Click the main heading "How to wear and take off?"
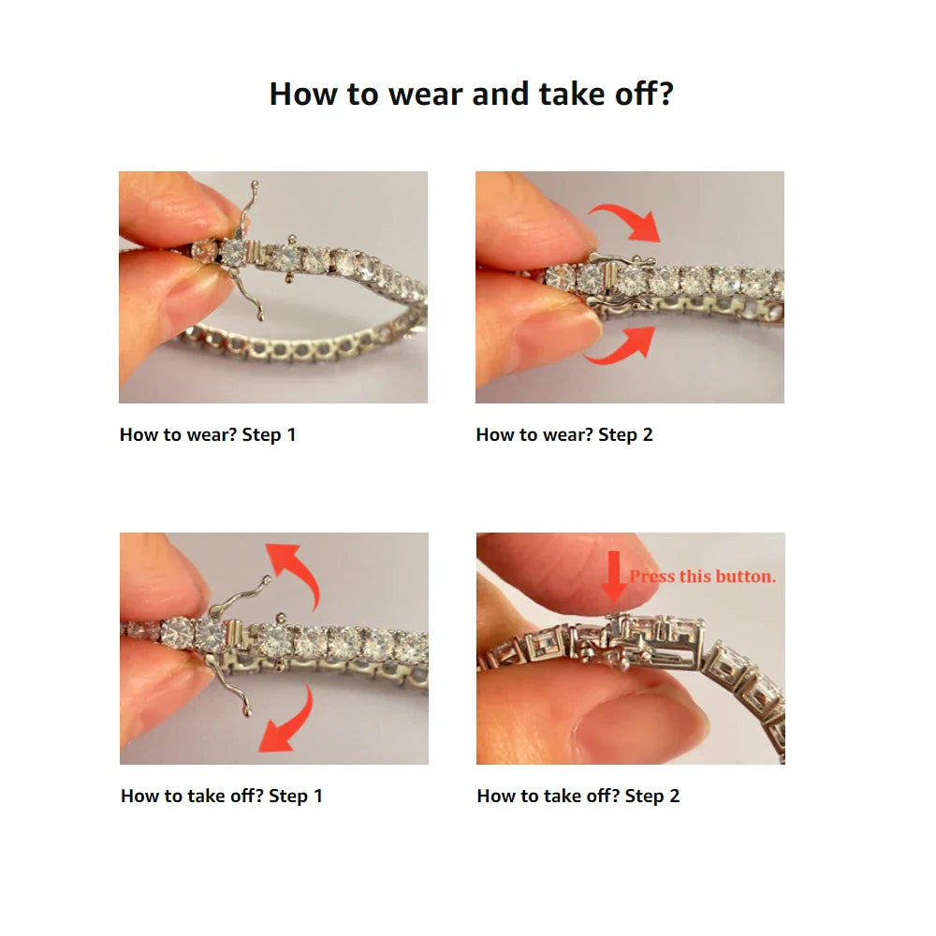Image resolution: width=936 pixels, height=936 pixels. click(471, 94)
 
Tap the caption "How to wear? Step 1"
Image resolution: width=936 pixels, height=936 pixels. click(208, 434)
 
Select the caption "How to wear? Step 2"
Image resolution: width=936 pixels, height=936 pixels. click(564, 434)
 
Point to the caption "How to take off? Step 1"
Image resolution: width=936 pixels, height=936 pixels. click(222, 796)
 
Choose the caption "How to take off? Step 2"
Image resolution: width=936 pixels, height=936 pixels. click(578, 796)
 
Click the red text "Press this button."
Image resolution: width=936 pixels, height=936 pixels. click(703, 577)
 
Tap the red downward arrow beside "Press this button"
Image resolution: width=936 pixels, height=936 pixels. click(614, 576)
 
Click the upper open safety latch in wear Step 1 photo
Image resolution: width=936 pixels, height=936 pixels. click(248, 209)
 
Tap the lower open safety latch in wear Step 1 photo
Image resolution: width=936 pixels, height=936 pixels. click(246, 292)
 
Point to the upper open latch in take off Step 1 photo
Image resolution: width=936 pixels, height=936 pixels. click(239, 597)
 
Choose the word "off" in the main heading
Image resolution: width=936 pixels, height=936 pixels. click(644, 94)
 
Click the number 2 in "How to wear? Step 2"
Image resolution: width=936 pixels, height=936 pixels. click(648, 434)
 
